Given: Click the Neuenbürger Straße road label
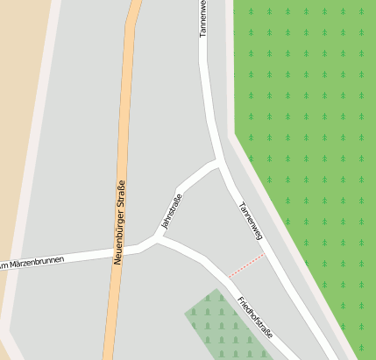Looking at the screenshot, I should coord(120,222).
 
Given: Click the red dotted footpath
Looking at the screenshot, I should coord(246,265).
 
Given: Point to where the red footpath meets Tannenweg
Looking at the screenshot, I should coord(265,254).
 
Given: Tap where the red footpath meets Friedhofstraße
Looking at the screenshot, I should coord(229,278).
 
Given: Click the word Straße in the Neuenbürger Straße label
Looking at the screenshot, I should coord(121,195).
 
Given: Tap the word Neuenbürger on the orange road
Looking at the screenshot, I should coord(119,236).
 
